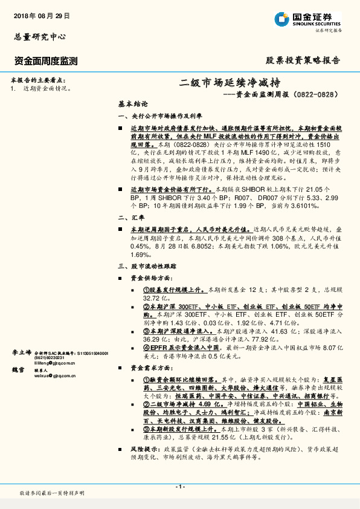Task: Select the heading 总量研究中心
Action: tap(37, 37)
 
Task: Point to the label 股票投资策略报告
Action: tap(303, 60)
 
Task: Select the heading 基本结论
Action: tap(129, 103)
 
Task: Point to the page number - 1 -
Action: tap(179, 487)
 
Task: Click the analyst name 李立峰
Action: tap(21, 352)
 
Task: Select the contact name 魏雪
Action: tap(18, 369)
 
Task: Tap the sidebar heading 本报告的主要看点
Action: tap(38, 80)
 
